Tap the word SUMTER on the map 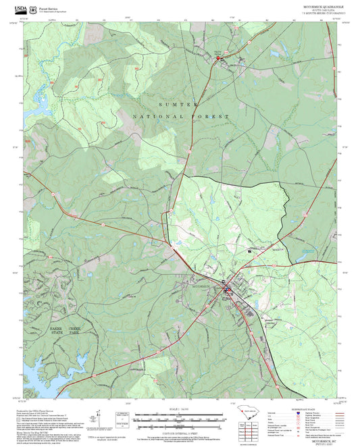(x=178, y=105)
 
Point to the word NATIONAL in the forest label (x=155, y=117)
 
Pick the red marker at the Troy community (x=218, y=59)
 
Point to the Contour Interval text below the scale (x=179, y=431)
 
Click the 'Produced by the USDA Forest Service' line (x=41, y=410)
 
